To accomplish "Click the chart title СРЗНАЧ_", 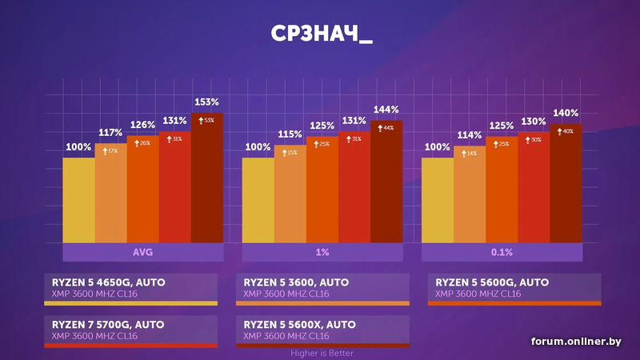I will click(x=320, y=37).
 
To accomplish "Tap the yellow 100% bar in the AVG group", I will click(x=78, y=200).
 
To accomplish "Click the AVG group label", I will click(x=143, y=253).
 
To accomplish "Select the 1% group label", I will click(x=322, y=253).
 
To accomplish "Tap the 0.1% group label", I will click(x=502, y=253).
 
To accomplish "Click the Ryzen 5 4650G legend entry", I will click(x=131, y=288).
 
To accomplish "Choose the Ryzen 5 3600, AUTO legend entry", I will click(x=322, y=288).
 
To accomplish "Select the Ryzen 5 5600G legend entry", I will click(x=514, y=288).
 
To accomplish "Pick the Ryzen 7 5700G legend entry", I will click(x=131, y=330).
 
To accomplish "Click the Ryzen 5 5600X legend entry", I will click(x=322, y=330).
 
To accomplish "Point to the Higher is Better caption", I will click(x=322, y=353).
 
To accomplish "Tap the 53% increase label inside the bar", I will click(x=207, y=121).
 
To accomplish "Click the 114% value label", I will click(x=470, y=135).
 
